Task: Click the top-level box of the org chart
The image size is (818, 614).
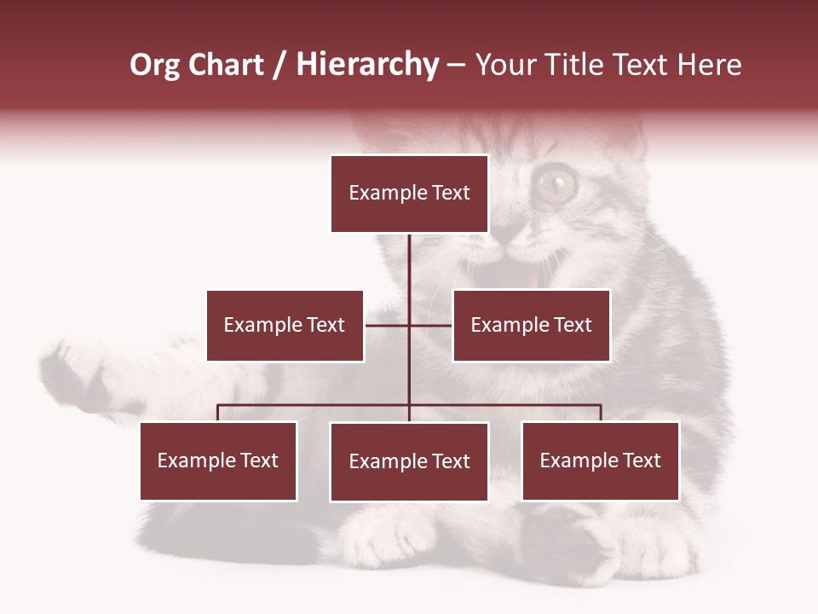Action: tap(409, 194)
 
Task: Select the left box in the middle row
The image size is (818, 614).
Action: tap(285, 326)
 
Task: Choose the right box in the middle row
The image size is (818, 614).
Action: tap(531, 326)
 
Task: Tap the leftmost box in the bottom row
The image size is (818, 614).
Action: tap(218, 461)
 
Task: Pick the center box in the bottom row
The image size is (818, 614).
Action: tap(409, 461)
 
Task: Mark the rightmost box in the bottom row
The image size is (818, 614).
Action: tap(600, 461)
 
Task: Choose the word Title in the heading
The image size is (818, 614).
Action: tap(579, 65)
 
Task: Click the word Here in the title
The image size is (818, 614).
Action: tap(708, 65)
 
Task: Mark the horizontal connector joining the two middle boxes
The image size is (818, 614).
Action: tap(409, 325)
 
